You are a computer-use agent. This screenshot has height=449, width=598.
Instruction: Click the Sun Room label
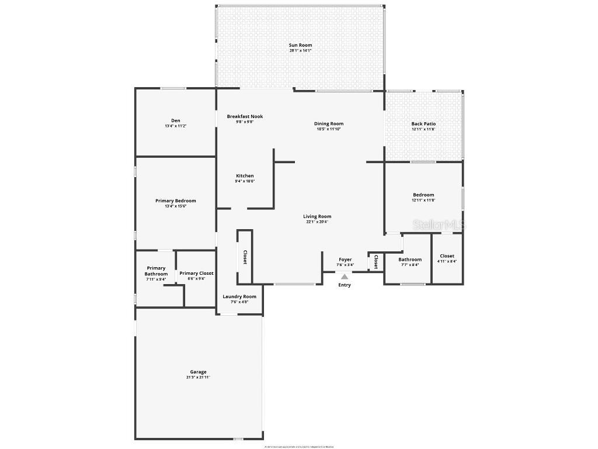pos(300,45)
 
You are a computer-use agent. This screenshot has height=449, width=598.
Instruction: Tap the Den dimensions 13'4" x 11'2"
pos(175,126)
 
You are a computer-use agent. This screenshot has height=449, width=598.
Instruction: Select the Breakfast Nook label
pos(245,116)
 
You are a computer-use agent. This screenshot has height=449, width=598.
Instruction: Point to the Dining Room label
pos(329,123)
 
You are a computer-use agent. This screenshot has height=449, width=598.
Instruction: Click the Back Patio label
pos(423,124)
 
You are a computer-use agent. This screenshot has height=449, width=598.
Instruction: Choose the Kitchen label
pos(245,176)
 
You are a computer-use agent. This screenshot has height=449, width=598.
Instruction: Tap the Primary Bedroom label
pos(175,201)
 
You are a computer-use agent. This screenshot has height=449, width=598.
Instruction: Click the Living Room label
pos(317,216)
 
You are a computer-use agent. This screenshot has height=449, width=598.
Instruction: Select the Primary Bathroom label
pos(156,271)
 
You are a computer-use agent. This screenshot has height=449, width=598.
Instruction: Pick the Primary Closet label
pos(196,273)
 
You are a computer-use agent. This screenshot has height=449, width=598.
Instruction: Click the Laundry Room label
pos(239,296)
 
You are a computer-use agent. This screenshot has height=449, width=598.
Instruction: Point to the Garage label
pos(198,372)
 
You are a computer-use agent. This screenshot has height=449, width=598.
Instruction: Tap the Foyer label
pos(345,260)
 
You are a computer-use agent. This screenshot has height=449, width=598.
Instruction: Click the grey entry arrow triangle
pos(345,277)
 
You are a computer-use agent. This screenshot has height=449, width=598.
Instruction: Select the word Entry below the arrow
pos(345,285)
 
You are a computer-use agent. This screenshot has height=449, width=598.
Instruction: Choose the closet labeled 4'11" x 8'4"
pos(447,258)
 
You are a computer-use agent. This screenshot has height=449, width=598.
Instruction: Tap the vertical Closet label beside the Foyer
pos(376,261)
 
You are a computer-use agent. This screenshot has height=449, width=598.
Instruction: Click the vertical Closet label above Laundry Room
pos(245,257)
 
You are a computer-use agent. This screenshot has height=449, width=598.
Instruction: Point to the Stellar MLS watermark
pos(439,224)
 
